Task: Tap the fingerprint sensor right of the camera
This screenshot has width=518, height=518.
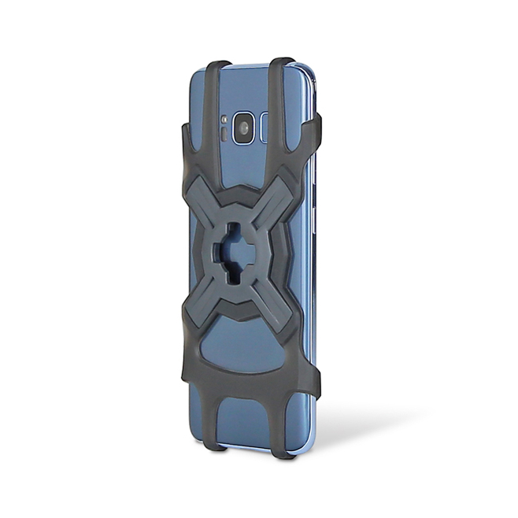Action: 265,127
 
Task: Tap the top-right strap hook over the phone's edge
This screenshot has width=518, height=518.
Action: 281,63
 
